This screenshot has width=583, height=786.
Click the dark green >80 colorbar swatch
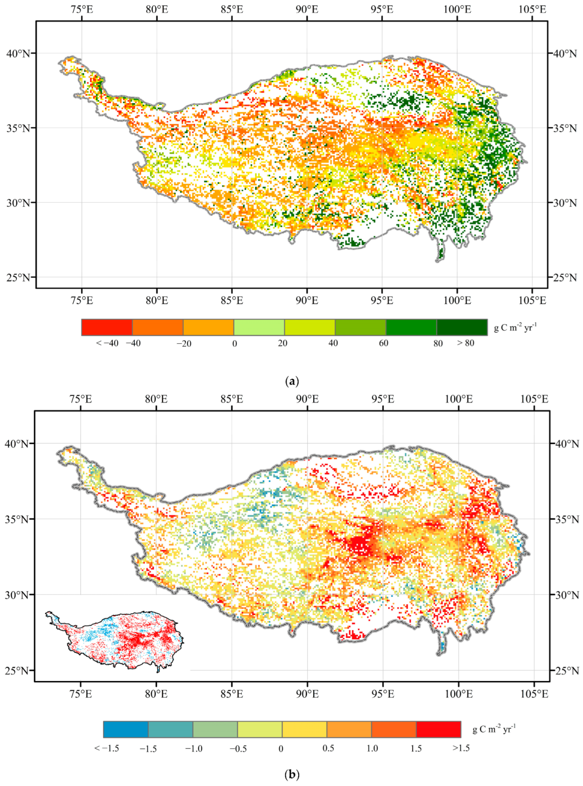click(x=462, y=327)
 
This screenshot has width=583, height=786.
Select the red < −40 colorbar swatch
click(x=107, y=327)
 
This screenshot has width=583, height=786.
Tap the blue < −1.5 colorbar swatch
click(x=125, y=729)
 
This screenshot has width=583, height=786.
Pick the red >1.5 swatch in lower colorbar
click(x=438, y=729)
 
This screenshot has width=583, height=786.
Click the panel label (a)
click(x=292, y=381)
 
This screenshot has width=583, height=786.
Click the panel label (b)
click(x=292, y=774)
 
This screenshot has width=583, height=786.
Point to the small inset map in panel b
click(x=115, y=640)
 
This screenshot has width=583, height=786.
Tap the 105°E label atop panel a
click(x=533, y=9)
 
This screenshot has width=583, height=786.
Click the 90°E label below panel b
click(x=307, y=694)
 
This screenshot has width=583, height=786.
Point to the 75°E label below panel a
click(x=81, y=300)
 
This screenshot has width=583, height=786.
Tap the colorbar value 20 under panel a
click(x=282, y=343)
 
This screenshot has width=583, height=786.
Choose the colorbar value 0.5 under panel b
click(x=328, y=748)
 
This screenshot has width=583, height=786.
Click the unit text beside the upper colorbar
click(x=515, y=327)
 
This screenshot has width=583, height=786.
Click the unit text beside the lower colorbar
click(x=494, y=729)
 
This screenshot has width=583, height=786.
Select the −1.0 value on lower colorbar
click(x=193, y=748)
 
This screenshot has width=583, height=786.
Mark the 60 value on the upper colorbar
click(x=384, y=343)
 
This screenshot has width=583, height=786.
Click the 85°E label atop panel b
click(x=232, y=399)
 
